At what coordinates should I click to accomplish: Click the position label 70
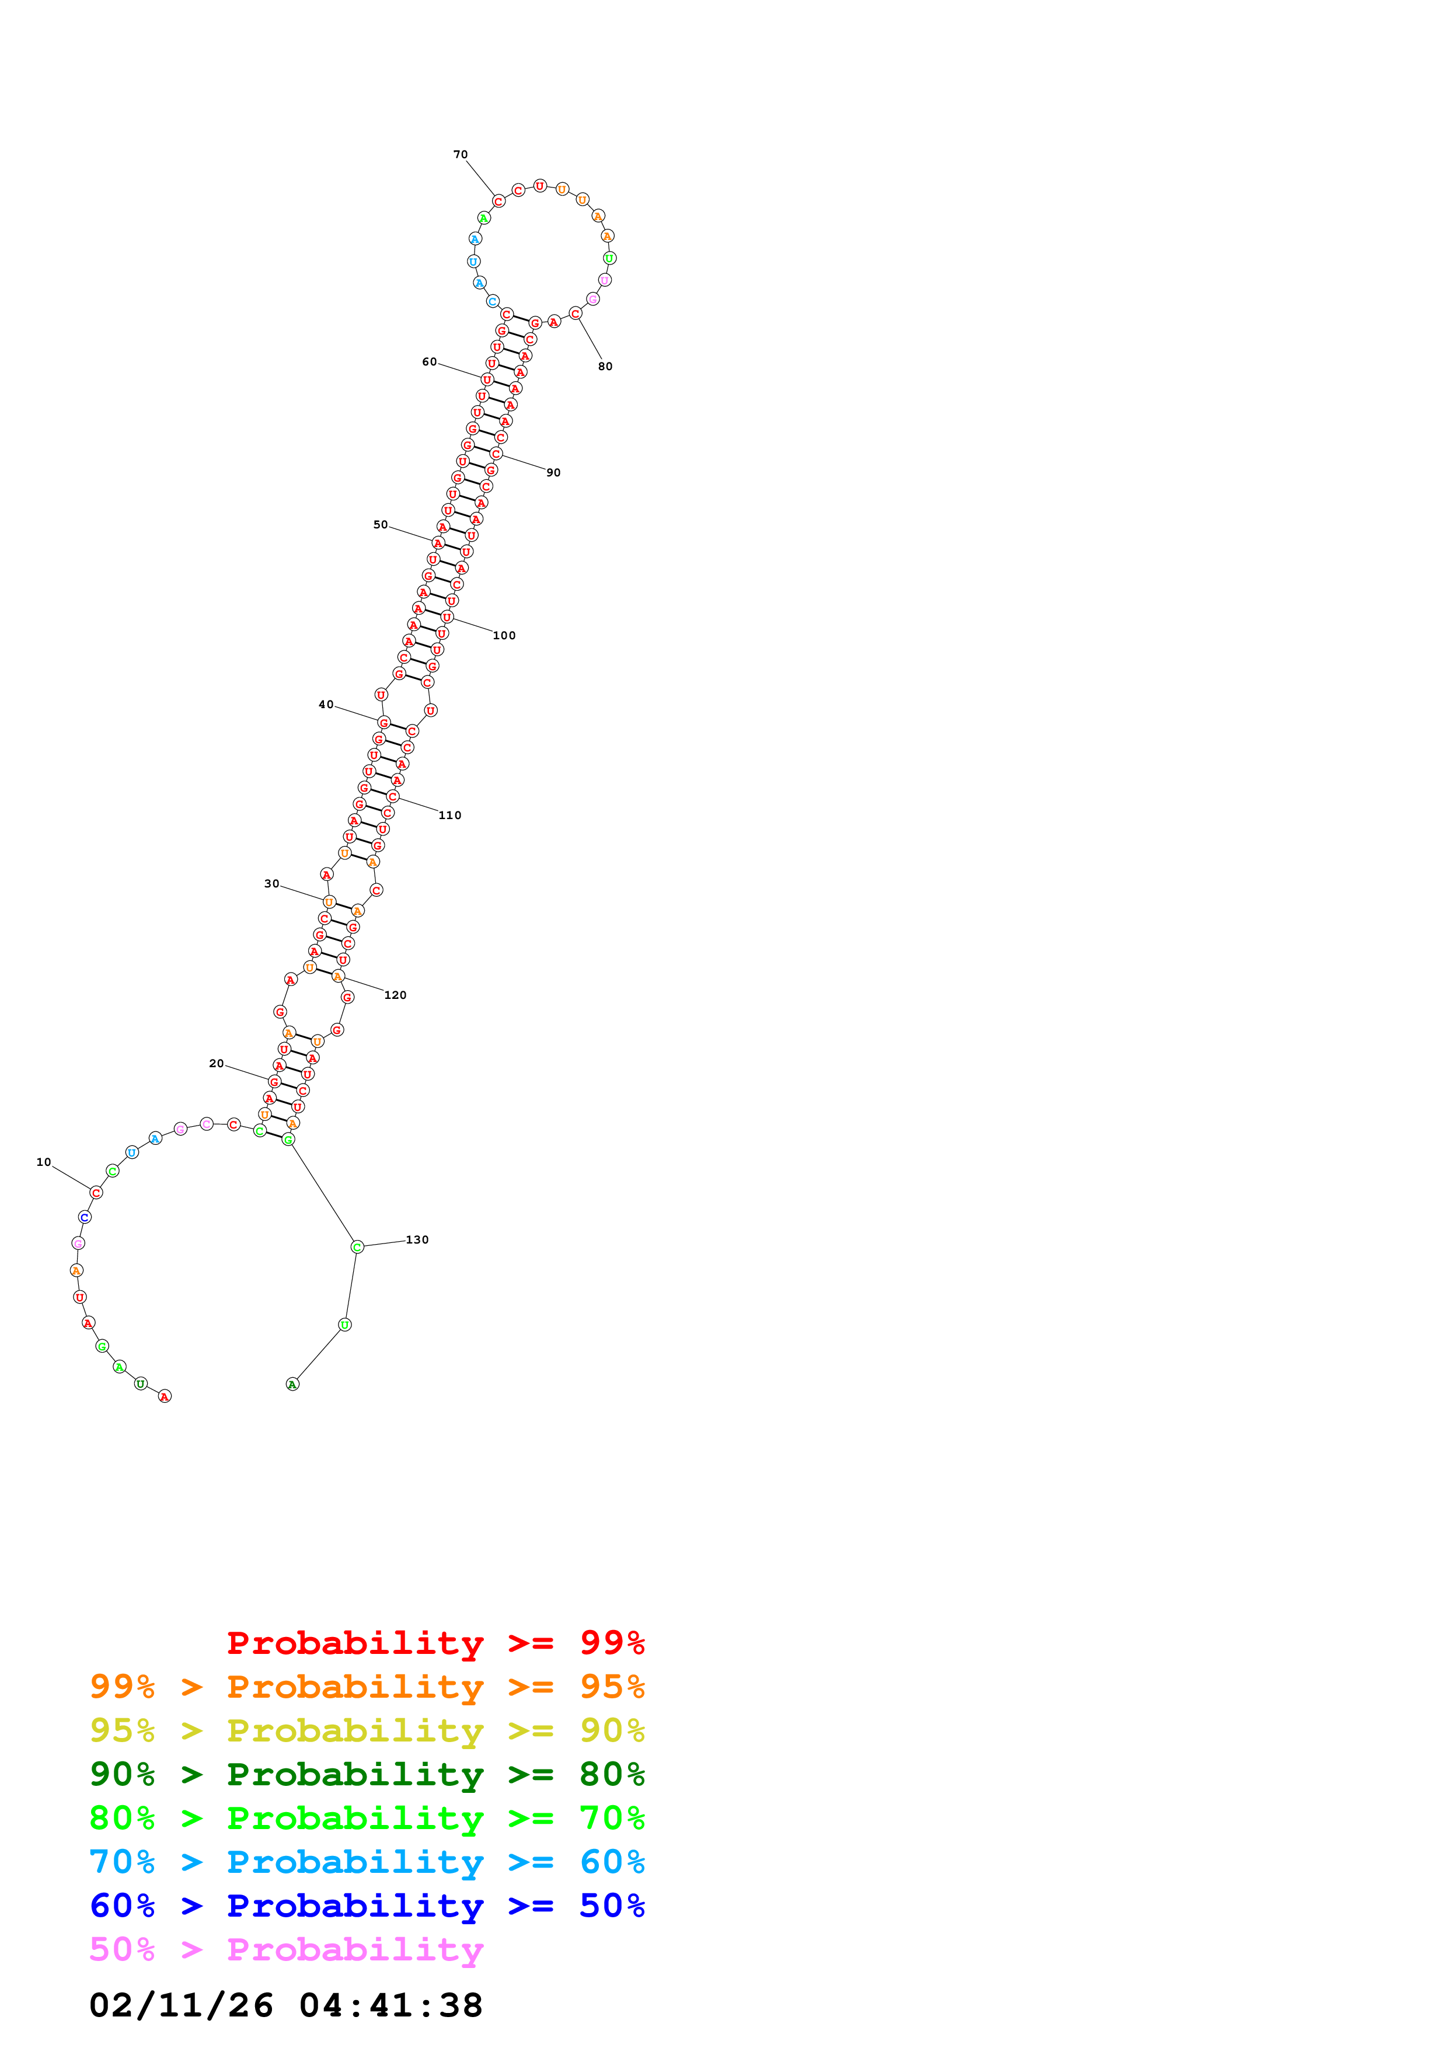click(460, 154)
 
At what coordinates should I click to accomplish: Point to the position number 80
click(605, 367)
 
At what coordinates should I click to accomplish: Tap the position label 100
click(504, 636)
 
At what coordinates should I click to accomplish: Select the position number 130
click(417, 1240)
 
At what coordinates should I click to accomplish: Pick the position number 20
click(217, 1063)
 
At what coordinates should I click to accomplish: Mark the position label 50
click(381, 524)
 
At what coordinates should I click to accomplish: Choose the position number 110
click(449, 815)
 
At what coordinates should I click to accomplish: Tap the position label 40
click(326, 705)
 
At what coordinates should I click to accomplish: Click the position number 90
click(554, 473)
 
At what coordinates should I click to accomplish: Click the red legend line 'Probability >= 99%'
click(435, 1643)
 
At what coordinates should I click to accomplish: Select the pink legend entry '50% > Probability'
click(286, 1950)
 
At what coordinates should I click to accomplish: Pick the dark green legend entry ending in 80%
click(367, 1774)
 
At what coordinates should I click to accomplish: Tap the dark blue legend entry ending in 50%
click(367, 1906)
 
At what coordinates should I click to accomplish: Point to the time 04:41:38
click(390, 2006)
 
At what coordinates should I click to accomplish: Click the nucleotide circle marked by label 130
click(357, 1247)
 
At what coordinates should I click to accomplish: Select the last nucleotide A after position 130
click(292, 1384)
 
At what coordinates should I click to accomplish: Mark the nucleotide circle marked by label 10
click(96, 1193)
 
